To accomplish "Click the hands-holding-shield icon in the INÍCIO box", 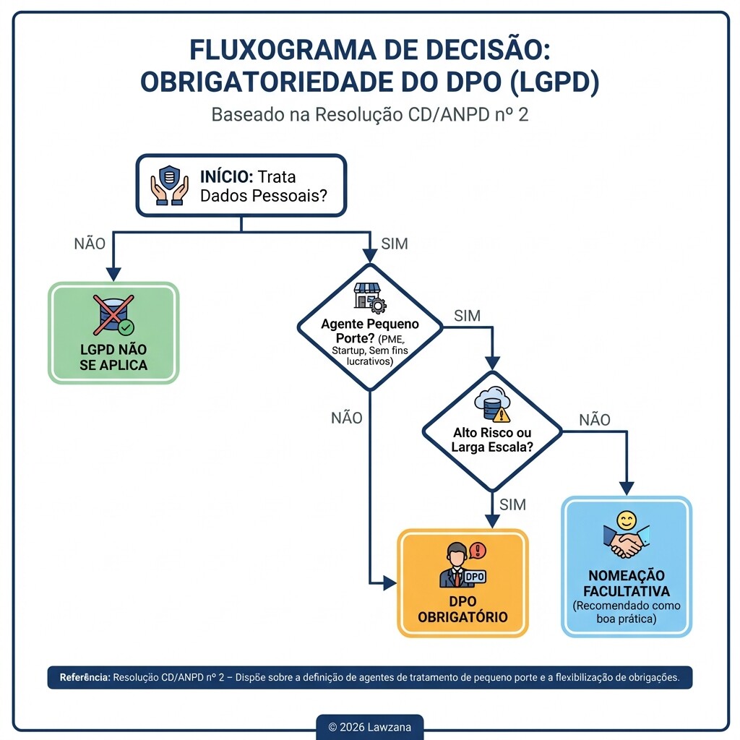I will click(x=168, y=185).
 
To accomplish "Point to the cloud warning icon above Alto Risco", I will click(x=492, y=405).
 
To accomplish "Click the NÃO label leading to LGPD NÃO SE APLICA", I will click(x=90, y=244).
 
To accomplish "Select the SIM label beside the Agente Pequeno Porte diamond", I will click(x=467, y=316).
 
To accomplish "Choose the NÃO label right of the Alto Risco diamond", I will click(x=594, y=420).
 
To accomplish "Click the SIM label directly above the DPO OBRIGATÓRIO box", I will click(x=512, y=504).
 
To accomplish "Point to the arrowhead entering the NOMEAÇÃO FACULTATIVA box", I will click(x=627, y=489).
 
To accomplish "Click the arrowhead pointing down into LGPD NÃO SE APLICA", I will click(x=113, y=274).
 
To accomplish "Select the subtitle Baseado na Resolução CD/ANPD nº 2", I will click(x=369, y=115).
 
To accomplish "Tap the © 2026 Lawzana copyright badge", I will click(x=369, y=727).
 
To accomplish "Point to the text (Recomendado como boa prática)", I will click(x=627, y=613).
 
